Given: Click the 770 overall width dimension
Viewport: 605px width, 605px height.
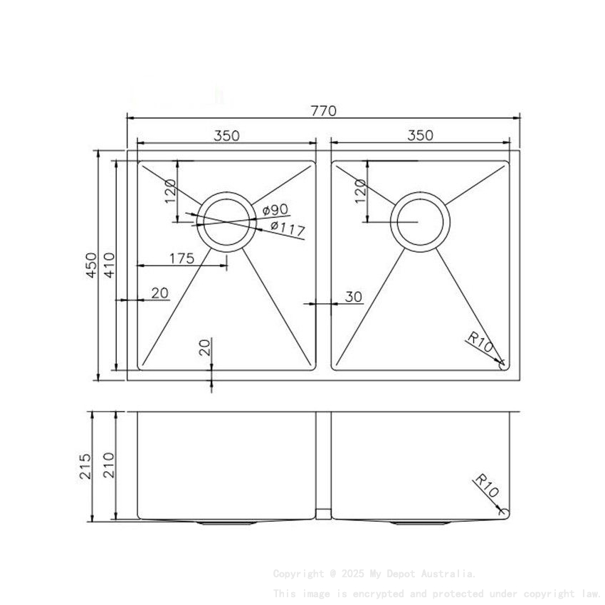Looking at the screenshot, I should point(323,111).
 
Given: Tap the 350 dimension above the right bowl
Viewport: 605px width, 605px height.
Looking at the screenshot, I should point(420,135).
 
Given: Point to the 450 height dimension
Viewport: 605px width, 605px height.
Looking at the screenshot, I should point(90,265).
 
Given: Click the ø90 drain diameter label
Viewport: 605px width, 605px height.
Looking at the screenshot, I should point(274,209).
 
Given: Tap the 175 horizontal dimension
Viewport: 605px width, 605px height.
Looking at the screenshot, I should point(181,258).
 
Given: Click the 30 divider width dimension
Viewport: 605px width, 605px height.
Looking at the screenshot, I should point(354,296).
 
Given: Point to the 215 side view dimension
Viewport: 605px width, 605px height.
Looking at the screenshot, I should point(85,466).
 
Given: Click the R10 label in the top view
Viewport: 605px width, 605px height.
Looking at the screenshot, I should point(482,342).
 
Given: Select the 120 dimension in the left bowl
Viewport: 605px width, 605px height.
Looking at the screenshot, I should point(170,191).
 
